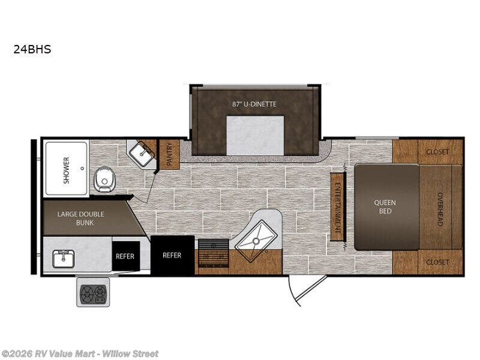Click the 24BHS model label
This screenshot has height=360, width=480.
(32, 49)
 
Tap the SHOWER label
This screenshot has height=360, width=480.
(66, 170)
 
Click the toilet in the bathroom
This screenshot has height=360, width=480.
(104, 179)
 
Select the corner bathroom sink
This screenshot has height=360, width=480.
(142, 154)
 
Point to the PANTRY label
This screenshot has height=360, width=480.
(169, 154)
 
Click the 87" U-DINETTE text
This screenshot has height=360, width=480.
(254, 104)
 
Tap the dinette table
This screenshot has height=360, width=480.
(255, 136)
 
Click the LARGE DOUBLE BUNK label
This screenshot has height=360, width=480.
(81, 218)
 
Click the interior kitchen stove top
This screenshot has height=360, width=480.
(214, 253)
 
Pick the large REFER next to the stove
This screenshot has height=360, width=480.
(173, 255)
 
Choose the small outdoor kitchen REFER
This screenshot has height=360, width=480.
(125, 256)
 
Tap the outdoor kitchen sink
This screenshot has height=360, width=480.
(64, 259)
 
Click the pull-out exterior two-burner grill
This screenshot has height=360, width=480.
(93, 292)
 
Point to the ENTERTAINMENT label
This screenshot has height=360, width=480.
(338, 207)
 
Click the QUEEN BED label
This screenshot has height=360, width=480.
(385, 206)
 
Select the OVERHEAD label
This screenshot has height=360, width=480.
(440, 209)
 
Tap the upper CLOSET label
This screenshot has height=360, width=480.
(437, 152)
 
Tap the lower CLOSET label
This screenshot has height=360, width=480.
(437, 262)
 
